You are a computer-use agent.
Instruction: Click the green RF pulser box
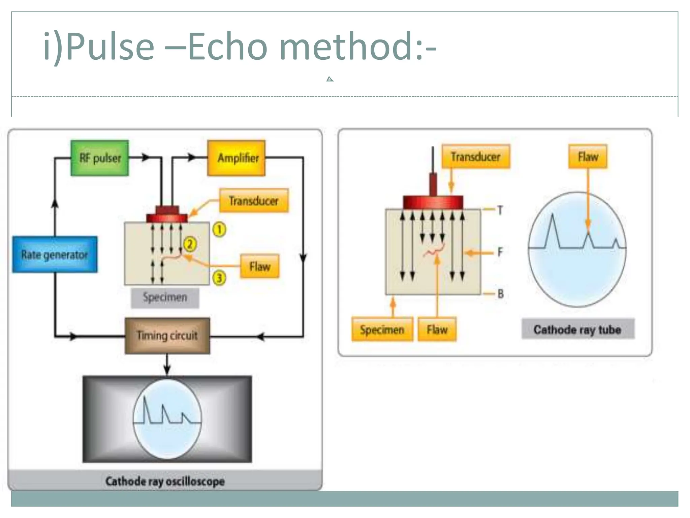click(100, 158)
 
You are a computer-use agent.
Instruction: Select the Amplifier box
click(237, 158)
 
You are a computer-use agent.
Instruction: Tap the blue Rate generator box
click(55, 255)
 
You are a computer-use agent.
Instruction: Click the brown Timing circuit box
click(167, 336)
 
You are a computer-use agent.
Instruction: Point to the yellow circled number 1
click(219, 230)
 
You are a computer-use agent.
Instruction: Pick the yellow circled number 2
click(190, 244)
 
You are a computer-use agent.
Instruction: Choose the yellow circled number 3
click(219, 278)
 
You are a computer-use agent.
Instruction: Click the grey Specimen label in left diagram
click(165, 298)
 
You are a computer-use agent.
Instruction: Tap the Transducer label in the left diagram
click(254, 201)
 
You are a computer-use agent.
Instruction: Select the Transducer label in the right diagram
click(475, 157)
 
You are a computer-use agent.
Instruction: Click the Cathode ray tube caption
click(577, 329)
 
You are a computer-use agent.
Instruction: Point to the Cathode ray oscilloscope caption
click(165, 481)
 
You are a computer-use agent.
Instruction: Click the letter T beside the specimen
click(500, 211)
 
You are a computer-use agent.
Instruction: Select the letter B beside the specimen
click(500, 294)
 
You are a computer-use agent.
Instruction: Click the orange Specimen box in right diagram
click(382, 329)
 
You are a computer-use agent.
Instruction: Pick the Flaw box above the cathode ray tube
click(588, 157)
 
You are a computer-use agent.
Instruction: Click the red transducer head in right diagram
click(433, 202)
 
